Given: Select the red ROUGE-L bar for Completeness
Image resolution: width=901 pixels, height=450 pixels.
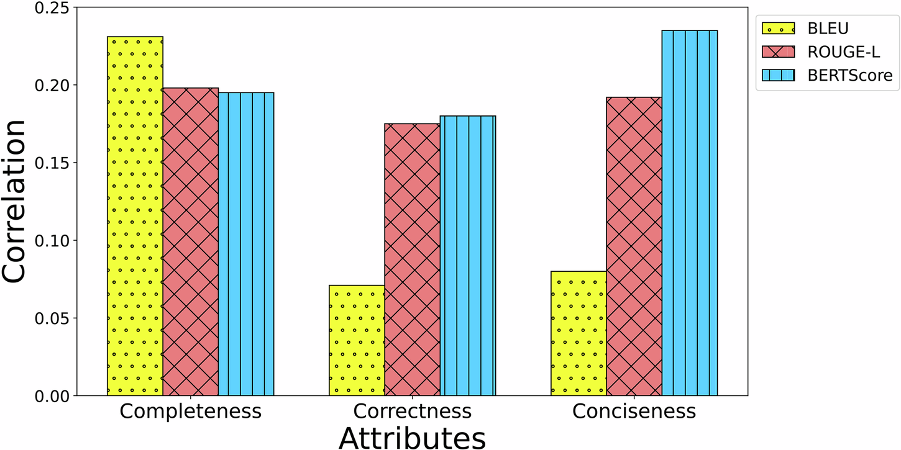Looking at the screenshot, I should coord(190,241).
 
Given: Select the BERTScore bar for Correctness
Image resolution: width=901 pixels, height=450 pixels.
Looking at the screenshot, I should coord(467,255).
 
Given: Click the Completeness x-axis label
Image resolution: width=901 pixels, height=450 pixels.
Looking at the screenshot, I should coord(190,412).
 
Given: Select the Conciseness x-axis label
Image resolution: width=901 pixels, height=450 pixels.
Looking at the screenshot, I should coord(634,412).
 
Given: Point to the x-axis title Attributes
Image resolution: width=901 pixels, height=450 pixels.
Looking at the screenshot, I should coord(412,436).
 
